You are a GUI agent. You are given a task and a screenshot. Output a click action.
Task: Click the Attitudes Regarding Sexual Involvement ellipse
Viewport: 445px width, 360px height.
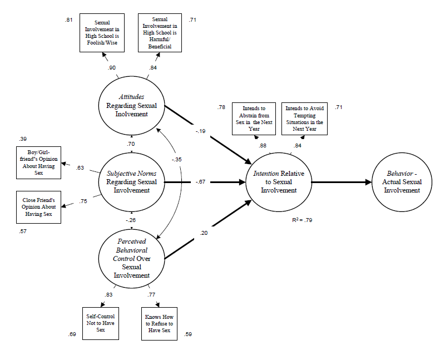(131, 105)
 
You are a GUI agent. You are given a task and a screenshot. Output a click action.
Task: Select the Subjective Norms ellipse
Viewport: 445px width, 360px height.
(131, 181)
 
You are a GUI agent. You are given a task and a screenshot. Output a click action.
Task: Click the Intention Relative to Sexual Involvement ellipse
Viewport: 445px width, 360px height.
(280, 181)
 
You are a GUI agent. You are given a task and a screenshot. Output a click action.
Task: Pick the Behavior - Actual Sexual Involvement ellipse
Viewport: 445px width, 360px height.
(404, 181)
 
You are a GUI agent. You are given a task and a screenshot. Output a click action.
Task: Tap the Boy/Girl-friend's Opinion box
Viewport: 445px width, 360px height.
(38, 162)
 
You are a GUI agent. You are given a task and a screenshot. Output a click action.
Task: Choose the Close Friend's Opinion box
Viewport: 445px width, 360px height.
(38, 207)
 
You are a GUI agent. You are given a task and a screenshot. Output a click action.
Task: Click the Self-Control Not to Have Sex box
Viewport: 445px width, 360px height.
(101, 323)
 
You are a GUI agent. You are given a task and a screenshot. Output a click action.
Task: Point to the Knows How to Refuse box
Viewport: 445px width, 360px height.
(159, 323)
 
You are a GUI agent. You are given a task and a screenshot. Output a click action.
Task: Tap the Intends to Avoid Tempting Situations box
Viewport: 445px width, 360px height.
(304, 118)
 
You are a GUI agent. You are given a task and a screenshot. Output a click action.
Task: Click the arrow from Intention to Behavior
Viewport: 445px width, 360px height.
(342, 182)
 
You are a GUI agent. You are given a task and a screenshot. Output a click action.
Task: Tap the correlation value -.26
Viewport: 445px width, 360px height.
(131, 220)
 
